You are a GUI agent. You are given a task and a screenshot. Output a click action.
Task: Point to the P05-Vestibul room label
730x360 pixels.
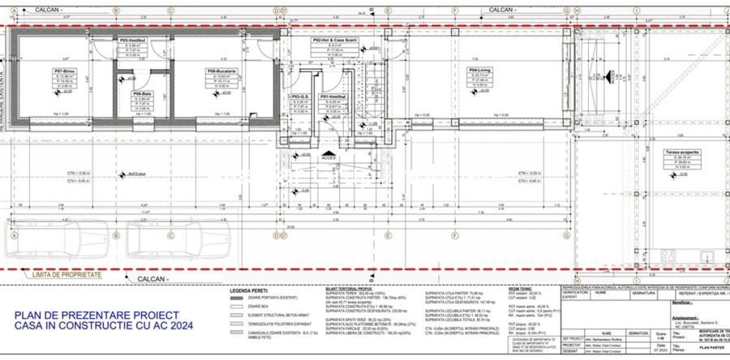(x=132, y=40)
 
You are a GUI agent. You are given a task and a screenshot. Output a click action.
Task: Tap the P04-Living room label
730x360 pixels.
(x=479, y=71)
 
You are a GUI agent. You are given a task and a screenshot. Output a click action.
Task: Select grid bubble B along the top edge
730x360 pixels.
(x=116, y=11)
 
